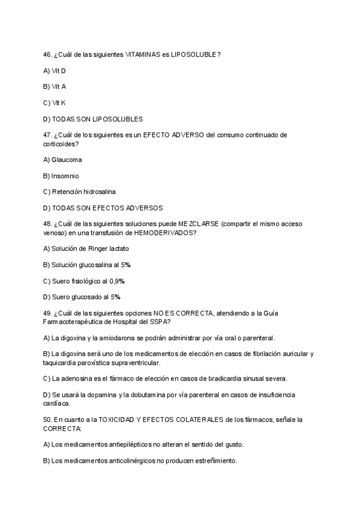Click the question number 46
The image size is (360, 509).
coord(47,55)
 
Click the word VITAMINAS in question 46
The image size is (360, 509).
coord(143,55)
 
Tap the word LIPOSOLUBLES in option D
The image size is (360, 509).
coord(122,119)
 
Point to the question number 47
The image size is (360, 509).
coord(47,135)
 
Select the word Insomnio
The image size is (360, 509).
coord(65,176)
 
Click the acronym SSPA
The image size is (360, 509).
coord(161,321)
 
